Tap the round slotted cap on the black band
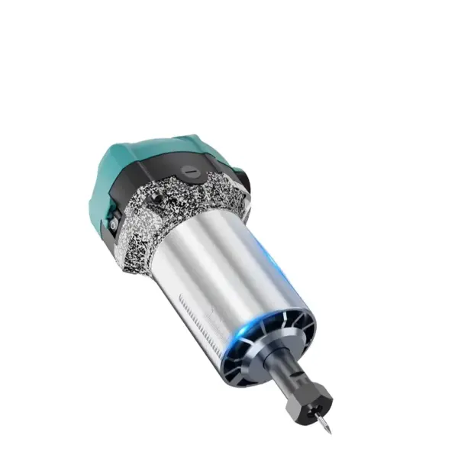pyautogui.click(x=191, y=173)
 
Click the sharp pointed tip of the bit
pyautogui.click(x=329, y=433)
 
